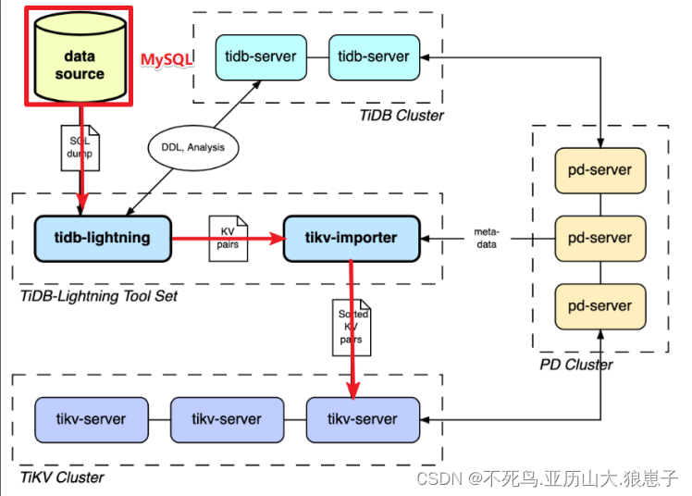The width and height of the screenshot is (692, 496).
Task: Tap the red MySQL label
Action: pyautogui.click(x=167, y=59)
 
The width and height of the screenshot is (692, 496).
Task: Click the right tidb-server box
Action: pyautogui.click(x=374, y=56)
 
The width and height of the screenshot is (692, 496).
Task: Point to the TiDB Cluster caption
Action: pyautogui.click(x=402, y=116)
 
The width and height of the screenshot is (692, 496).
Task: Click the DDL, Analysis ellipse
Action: pyautogui.click(x=193, y=146)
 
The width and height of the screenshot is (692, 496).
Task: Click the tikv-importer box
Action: pyautogui.click(x=352, y=238)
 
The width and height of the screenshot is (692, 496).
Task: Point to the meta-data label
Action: pyautogui.click(x=487, y=238)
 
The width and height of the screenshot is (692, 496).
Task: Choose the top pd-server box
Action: pyautogui.click(x=599, y=170)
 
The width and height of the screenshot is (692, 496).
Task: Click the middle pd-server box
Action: pyautogui.click(x=599, y=238)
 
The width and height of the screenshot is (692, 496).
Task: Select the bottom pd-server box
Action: pyautogui.click(x=599, y=306)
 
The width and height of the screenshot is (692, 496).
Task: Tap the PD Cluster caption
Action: pyautogui.click(x=575, y=365)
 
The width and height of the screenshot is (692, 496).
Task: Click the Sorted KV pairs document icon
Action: pyautogui.click(x=352, y=327)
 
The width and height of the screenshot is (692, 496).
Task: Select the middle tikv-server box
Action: pyautogui.click(x=228, y=419)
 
